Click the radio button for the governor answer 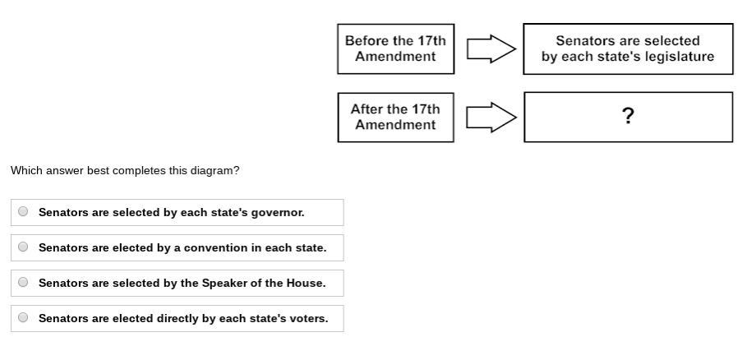pos(23,211)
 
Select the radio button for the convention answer pos(23,247)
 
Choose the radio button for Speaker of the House pos(23,282)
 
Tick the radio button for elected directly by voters pos(23,317)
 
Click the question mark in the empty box pos(628,116)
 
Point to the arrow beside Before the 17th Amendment pos(491,48)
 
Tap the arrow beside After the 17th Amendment pos(491,117)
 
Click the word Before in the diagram pos(366,40)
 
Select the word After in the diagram pos(367,108)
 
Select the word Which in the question pos(25,170)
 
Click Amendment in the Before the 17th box pos(395,57)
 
